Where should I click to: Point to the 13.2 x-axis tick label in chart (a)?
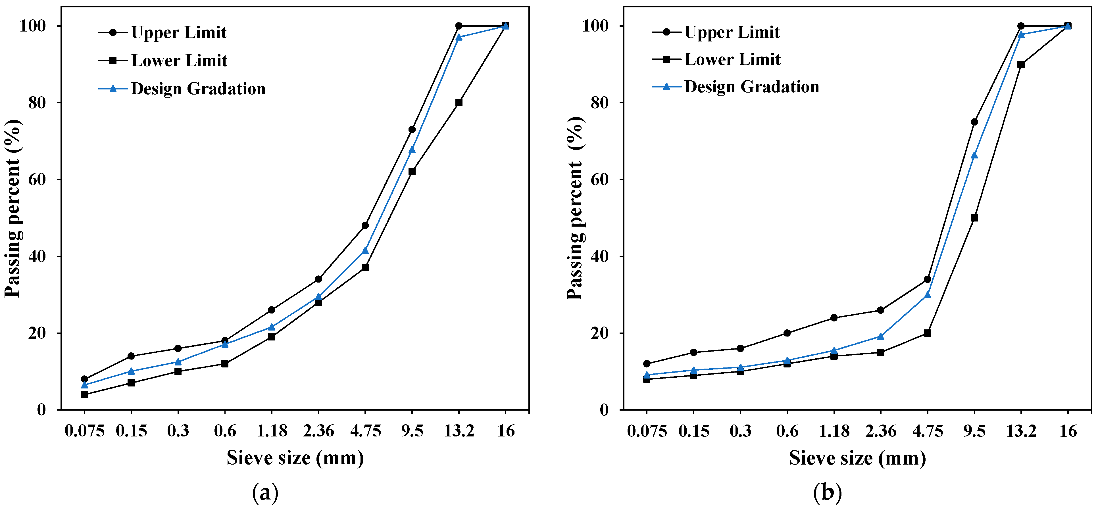pyautogui.click(x=459, y=431)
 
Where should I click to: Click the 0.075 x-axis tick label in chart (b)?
pyautogui.click(x=647, y=431)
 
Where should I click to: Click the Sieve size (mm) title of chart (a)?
pyautogui.click(x=295, y=458)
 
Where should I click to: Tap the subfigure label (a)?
pyautogui.click(x=265, y=493)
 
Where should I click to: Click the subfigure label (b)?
pyautogui.click(x=827, y=493)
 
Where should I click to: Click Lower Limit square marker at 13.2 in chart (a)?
pyautogui.click(x=459, y=103)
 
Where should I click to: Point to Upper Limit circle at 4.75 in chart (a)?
pyautogui.click(x=365, y=225)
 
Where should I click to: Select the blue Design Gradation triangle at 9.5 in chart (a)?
pyautogui.click(x=412, y=150)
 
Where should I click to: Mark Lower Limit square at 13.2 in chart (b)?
pyautogui.click(x=1021, y=64)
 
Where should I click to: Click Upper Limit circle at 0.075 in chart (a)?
pyautogui.click(x=84, y=379)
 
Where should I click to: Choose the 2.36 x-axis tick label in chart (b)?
pyautogui.click(x=881, y=431)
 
